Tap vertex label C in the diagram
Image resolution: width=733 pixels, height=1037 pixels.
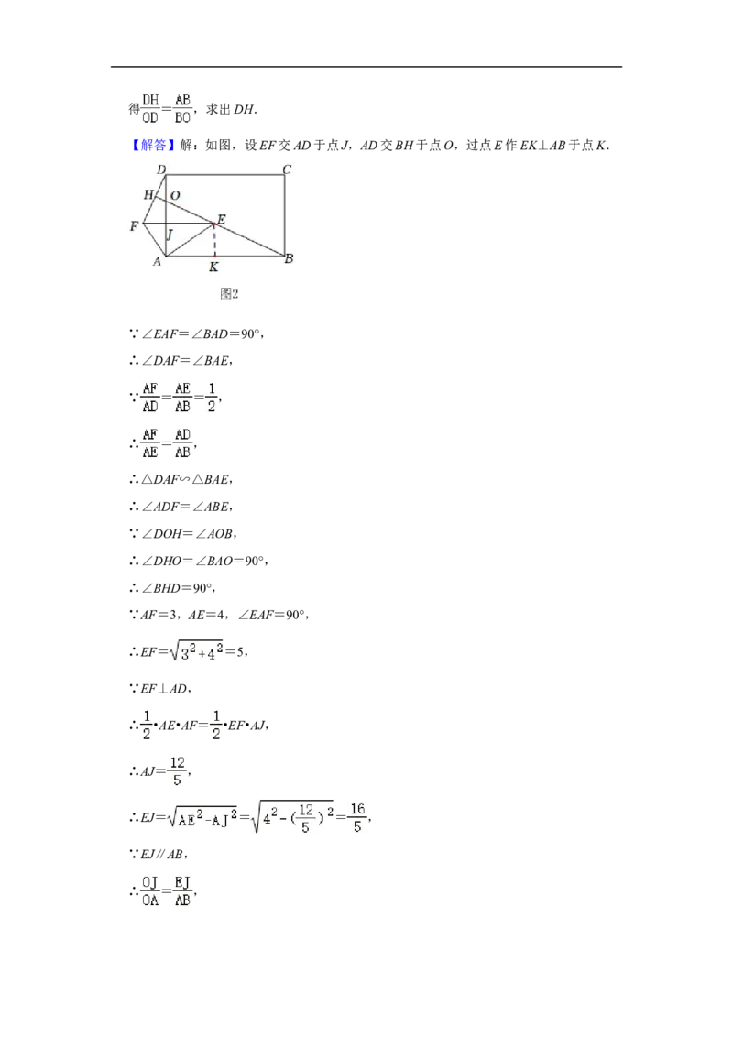(x=287, y=170)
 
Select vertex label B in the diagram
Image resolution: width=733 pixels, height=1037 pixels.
(x=289, y=258)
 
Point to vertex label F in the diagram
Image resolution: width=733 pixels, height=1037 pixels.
(x=135, y=226)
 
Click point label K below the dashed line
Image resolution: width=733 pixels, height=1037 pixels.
(x=213, y=267)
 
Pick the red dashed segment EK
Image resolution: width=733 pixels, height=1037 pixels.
(x=214, y=240)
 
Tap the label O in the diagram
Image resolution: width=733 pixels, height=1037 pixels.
(x=175, y=196)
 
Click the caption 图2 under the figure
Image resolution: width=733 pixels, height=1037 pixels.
(x=229, y=294)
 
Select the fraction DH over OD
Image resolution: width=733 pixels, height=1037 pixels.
(x=150, y=109)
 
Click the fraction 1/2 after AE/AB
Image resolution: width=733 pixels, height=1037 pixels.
(x=212, y=398)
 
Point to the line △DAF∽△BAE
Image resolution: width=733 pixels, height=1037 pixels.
(x=181, y=479)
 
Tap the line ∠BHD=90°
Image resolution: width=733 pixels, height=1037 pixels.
(x=172, y=588)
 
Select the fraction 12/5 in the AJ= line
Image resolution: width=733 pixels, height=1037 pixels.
(x=178, y=771)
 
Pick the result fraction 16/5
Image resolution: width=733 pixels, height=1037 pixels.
(x=357, y=818)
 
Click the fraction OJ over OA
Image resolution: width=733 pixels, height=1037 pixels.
(x=150, y=891)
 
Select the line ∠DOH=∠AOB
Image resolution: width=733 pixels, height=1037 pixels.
(x=182, y=534)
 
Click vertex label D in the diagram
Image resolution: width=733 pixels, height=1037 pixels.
(x=161, y=170)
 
